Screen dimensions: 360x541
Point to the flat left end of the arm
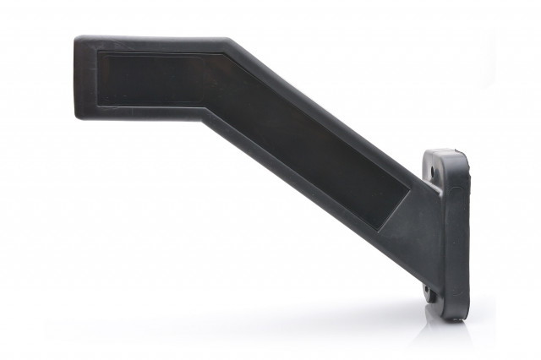point(77,76)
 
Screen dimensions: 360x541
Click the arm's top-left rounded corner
point(79,40)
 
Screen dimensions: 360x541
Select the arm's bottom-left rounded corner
point(79,113)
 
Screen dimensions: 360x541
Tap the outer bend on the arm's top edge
point(231,40)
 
